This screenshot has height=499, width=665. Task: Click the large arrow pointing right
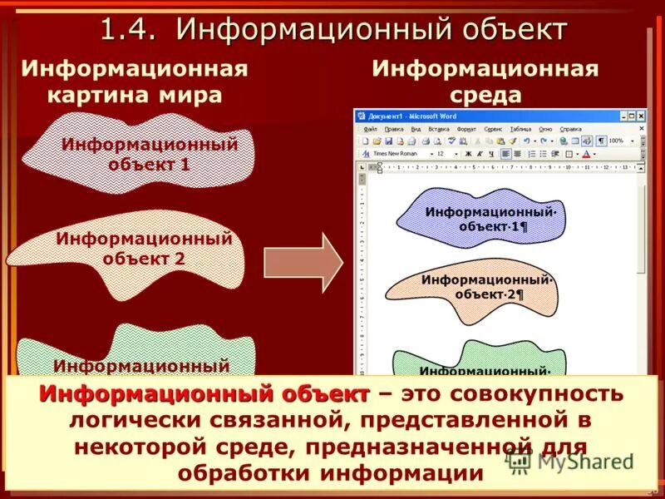pos(303,262)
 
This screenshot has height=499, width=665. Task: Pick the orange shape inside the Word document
pos(470,288)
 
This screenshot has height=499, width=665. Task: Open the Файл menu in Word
pos(370,130)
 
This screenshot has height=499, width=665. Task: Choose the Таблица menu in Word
pos(520,130)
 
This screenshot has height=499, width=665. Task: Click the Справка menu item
pos(571,130)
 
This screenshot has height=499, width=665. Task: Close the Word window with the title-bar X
pos(640,116)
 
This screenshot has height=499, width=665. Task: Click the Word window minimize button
pos(620,116)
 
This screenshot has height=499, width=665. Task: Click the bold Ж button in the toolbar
pos(468,154)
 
